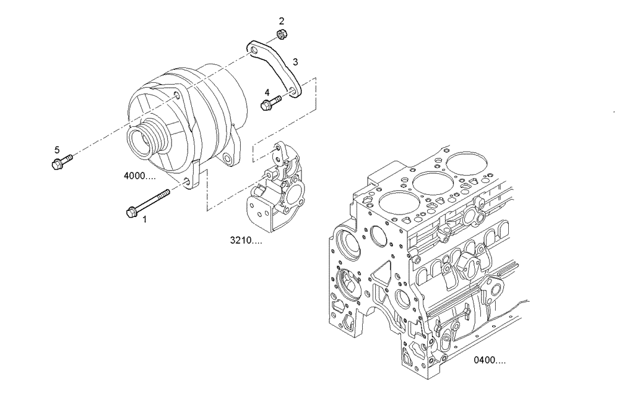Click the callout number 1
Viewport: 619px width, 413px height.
(145, 218)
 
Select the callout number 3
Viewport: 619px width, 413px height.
(295, 62)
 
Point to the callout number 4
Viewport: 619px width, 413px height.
(267, 92)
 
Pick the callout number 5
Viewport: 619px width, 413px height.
(57, 150)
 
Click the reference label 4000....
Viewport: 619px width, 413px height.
(139, 176)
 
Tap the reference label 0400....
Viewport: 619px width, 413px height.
(489, 360)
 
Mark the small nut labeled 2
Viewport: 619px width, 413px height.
(280, 35)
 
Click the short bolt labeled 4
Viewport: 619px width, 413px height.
(271, 103)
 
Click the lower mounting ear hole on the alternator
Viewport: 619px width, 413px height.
(186, 181)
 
